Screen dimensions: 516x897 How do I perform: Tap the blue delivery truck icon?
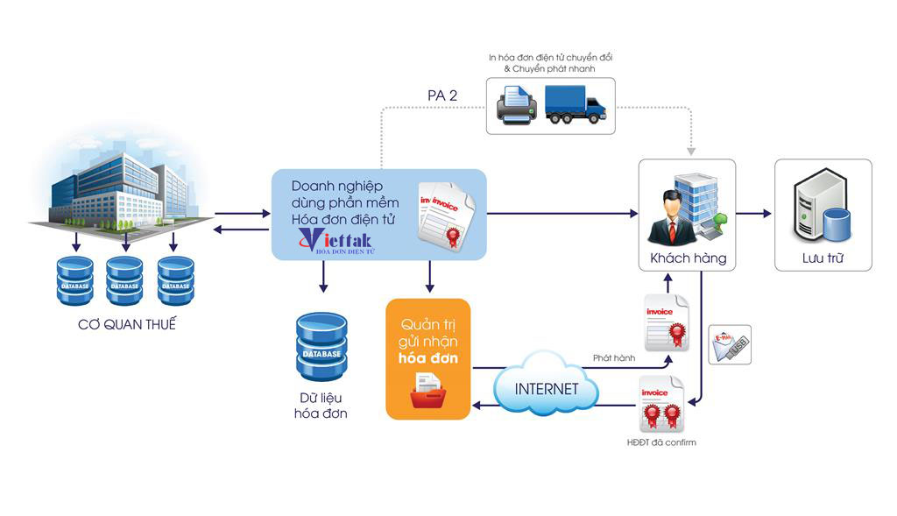click(575, 103)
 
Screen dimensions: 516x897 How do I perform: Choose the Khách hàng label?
click(688, 258)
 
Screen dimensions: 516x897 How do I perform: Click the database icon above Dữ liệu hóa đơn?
click(321, 347)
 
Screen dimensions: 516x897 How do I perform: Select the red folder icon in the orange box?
click(428, 392)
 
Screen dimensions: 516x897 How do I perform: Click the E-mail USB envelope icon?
click(730, 345)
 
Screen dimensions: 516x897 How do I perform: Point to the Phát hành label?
click(613, 357)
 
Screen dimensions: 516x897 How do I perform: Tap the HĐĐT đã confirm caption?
click(663, 442)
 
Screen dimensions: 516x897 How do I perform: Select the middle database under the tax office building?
click(124, 280)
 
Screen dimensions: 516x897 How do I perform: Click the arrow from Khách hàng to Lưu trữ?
click(754, 213)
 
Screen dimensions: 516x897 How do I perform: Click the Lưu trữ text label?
click(823, 258)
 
